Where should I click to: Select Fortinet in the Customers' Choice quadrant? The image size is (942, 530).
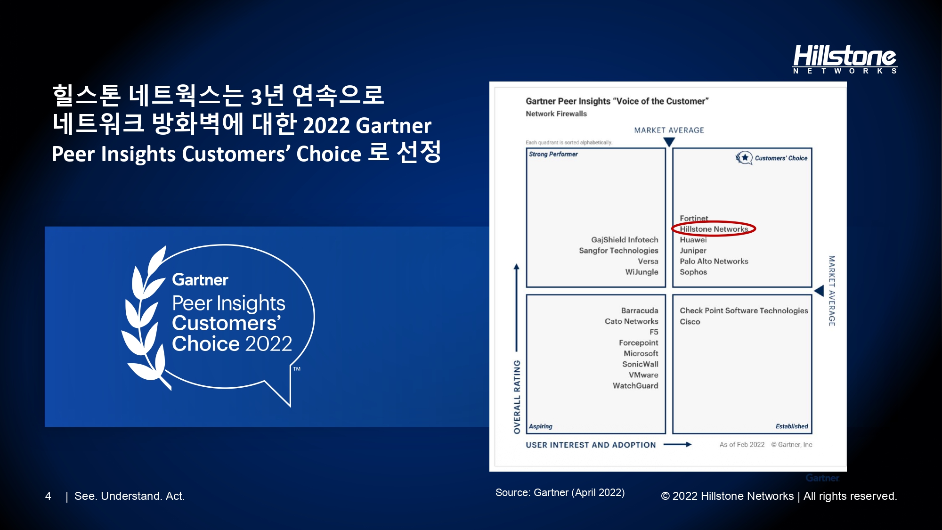pyautogui.click(x=694, y=218)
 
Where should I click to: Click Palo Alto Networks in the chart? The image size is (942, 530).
pyautogui.click(x=714, y=261)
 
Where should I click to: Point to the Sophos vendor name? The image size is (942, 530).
pyautogui.click(x=693, y=272)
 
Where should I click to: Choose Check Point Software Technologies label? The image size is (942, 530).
pyautogui.click(x=744, y=310)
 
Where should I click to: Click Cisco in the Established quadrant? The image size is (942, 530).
pyautogui.click(x=690, y=322)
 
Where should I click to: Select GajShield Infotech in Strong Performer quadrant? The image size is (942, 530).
pyautogui.click(x=625, y=240)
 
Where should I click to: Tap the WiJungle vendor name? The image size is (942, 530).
pyautogui.click(x=642, y=272)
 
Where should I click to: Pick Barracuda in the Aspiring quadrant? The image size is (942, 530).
pyautogui.click(x=639, y=310)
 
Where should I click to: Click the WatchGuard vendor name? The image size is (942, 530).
pyautogui.click(x=635, y=386)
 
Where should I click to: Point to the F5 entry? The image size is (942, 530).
pyautogui.click(x=654, y=332)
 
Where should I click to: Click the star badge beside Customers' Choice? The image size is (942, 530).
pyautogui.click(x=744, y=158)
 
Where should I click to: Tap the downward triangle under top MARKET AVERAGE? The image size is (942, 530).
pyautogui.click(x=669, y=142)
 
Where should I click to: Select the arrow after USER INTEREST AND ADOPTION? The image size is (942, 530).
pyautogui.click(x=677, y=444)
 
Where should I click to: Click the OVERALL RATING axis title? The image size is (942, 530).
pyautogui.click(x=517, y=397)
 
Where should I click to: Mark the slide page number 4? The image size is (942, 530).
pyautogui.click(x=48, y=496)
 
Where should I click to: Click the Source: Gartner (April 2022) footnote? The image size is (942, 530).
pyautogui.click(x=560, y=493)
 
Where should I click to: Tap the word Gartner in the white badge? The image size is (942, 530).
pyautogui.click(x=200, y=280)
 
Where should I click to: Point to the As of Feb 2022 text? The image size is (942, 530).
pyautogui.click(x=742, y=445)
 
